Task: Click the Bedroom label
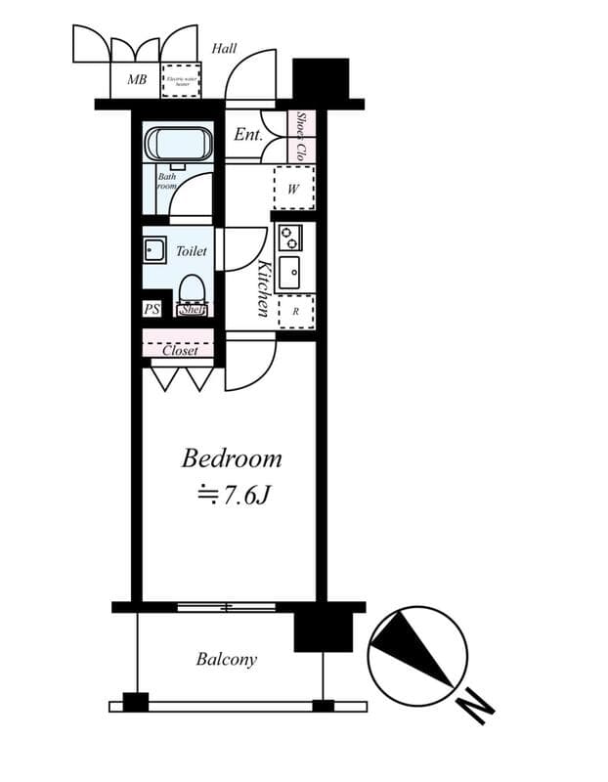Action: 232,457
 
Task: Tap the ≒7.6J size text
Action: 232,495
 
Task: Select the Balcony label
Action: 227,659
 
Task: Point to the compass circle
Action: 417,655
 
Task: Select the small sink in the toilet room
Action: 153,249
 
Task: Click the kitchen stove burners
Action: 290,237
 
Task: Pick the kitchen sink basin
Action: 290,273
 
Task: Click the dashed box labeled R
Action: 295,311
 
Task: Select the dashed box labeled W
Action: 293,189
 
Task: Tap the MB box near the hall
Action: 137,79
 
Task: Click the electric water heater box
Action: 181,80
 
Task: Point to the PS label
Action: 152,309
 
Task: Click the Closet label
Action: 180,350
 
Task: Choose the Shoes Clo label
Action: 303,137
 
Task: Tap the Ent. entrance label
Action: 248,135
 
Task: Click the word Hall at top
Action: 224,48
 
